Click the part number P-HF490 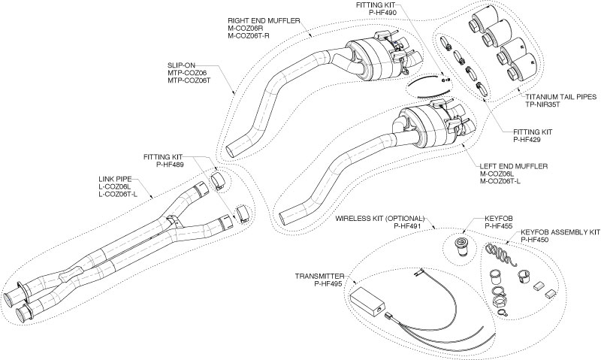380,14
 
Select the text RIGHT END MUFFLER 264,20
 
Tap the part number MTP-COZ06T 190,80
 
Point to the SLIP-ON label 181,64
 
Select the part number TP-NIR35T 542,106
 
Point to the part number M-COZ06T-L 500,182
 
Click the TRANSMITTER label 321,276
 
